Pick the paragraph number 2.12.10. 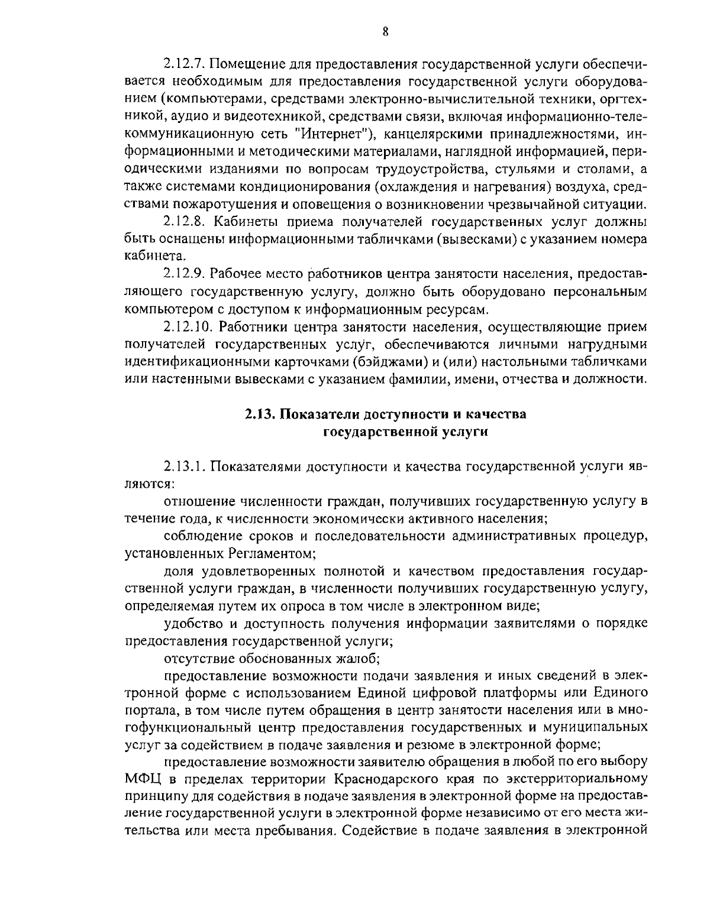(x=188, y=327)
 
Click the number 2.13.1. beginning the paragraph (x=185, y=466)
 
